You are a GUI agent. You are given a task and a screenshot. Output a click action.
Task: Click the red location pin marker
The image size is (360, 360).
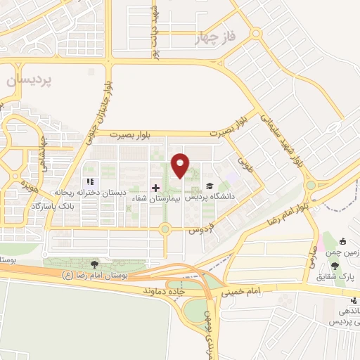(x=181, y=165)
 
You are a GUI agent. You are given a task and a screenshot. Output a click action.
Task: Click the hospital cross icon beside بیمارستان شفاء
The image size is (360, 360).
(x=155, y=188)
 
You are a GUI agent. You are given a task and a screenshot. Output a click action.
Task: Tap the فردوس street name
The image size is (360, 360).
(x=201, y=229)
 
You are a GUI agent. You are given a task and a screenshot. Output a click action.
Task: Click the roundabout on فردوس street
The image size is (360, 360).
(x=165, y=229)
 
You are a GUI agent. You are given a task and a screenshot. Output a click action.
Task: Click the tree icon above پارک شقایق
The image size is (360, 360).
(x=335, y=265)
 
